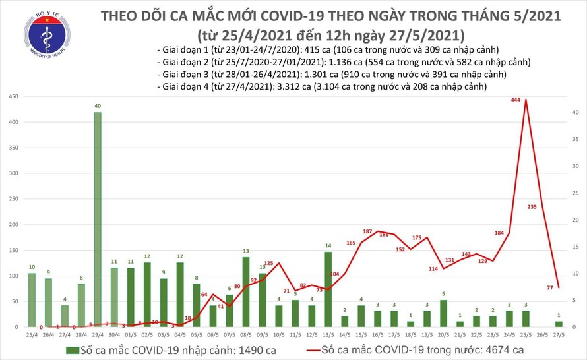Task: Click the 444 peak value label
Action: click(x=516, y=100)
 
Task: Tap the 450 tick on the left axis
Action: click(x=13, y=97)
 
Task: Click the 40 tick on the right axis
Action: click(x=576, y=113)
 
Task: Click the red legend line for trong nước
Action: click(x=341, y=349)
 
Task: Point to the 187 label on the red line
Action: click(x=368, y=231)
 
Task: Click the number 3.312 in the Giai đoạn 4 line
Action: click(x=287, y=87)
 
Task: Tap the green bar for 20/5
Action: click(x=443, y=313)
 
